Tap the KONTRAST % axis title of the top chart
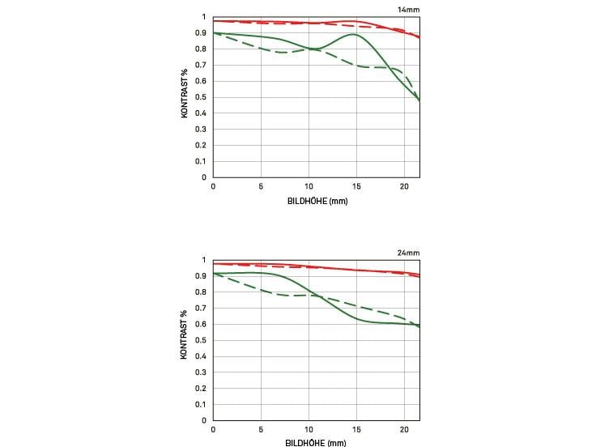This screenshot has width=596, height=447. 185,97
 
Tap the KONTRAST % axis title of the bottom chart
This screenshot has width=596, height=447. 185,340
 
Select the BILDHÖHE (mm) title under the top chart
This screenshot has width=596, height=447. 317,201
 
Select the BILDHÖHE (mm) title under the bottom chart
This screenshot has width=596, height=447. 317,442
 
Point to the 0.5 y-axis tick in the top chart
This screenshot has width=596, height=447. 202,97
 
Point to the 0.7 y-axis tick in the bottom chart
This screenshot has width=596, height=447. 202,309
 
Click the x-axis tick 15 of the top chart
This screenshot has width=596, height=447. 356,186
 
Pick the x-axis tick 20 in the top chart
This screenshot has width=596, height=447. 404,186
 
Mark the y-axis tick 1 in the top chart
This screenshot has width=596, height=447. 205,17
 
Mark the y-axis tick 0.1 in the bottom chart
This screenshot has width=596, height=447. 202,405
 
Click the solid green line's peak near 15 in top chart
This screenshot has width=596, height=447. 354,35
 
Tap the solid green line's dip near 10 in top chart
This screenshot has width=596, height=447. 313,49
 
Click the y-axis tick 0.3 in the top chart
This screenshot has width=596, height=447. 202,130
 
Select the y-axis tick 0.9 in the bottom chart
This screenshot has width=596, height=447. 202,276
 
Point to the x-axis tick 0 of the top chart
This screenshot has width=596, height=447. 213,186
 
